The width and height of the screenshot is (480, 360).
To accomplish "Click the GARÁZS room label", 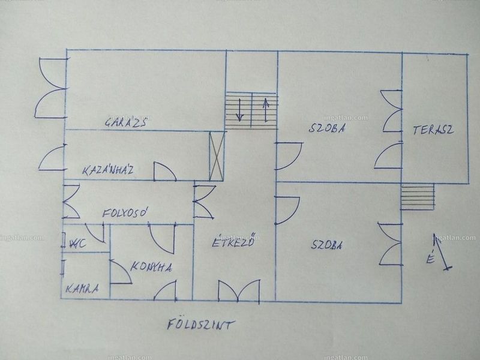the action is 125,122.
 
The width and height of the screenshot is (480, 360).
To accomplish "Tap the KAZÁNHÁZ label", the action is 108,170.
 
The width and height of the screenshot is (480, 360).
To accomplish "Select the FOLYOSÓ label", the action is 125,212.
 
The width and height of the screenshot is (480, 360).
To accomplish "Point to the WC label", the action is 78,244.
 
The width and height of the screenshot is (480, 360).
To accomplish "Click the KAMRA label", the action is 82,289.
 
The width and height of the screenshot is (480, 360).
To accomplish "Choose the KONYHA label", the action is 151,267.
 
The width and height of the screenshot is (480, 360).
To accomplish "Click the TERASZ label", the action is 433,130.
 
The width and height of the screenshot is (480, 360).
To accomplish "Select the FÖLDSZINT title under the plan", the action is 201,324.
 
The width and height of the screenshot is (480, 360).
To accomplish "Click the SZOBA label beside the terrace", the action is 327,128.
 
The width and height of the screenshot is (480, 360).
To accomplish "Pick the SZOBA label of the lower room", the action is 326,245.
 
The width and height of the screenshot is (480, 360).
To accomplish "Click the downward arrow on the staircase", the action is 239,110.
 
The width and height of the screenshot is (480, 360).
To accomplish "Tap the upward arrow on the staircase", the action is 266,110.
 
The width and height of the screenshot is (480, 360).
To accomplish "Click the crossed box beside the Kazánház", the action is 217,156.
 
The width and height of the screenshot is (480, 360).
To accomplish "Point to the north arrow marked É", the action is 443,252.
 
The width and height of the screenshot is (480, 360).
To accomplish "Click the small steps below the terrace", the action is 418,197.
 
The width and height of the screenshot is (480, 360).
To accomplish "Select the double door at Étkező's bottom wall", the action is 239,291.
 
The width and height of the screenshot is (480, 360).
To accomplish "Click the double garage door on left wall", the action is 50,88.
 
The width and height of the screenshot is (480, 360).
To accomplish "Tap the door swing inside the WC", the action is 95,233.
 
